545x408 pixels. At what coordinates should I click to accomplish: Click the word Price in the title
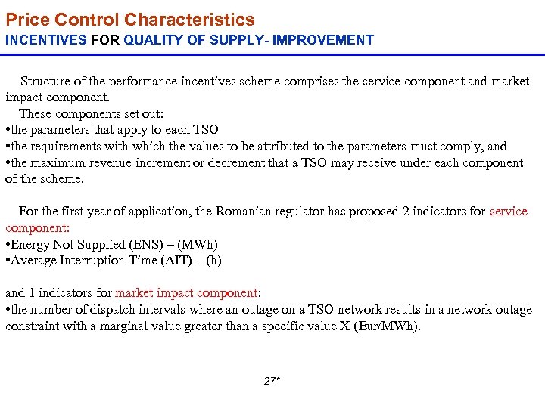click(x=26, y=20)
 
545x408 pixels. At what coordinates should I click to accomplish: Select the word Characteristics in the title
click(x=189, y=20)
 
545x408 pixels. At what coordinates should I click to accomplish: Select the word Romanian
click(x=244, y=211)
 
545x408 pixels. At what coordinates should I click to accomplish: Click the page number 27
click(x=270, y=381)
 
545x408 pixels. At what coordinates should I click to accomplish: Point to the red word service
click(x=509, y=211)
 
